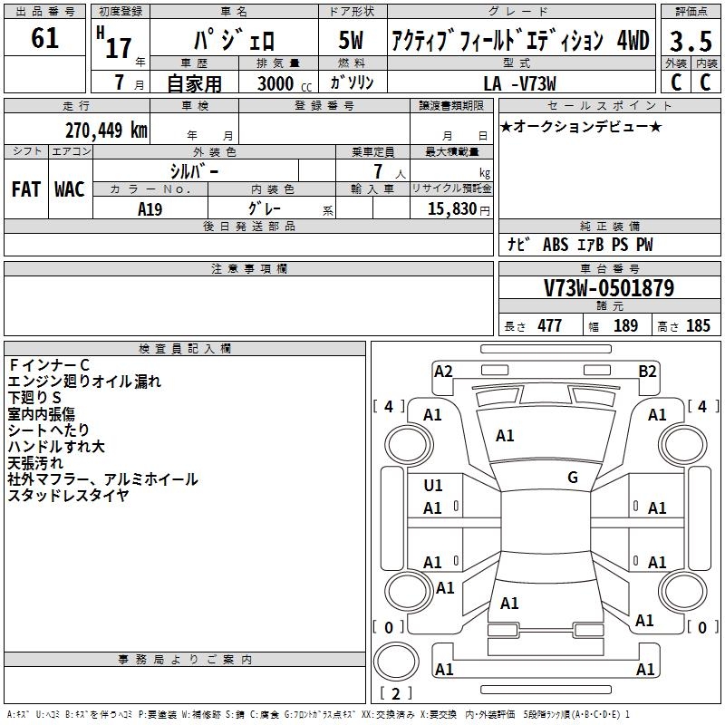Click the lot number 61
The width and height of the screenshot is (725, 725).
(x=44, y=38)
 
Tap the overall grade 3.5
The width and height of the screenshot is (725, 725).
(x=691, y=41)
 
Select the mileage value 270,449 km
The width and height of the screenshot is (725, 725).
(x=106, y=130)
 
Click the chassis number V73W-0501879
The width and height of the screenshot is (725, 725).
(x=609, y=288)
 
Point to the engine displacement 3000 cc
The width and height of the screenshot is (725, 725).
(x=285, y=83)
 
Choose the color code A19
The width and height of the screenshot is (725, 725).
(x=150, y=209)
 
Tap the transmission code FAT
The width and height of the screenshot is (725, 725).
(x=26, y=189)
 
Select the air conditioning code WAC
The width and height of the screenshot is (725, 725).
(x=70, y=189)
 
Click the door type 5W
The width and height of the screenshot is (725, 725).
(x=351, y=40)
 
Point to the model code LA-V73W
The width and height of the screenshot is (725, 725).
(x=519, y=83)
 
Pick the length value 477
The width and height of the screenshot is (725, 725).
(x=550, y=325)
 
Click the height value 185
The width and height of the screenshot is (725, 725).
(x=698, y=325)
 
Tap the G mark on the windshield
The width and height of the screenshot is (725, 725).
(x=573, y=478)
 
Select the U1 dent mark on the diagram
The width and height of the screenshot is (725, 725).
(x=433, y=486)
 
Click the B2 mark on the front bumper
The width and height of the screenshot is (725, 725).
(x=647, y=372)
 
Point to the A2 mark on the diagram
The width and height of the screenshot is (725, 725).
(x=443, y=372)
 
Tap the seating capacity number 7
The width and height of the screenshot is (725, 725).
(x=378, y=171)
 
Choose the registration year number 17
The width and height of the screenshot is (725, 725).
(x=119, y=49)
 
